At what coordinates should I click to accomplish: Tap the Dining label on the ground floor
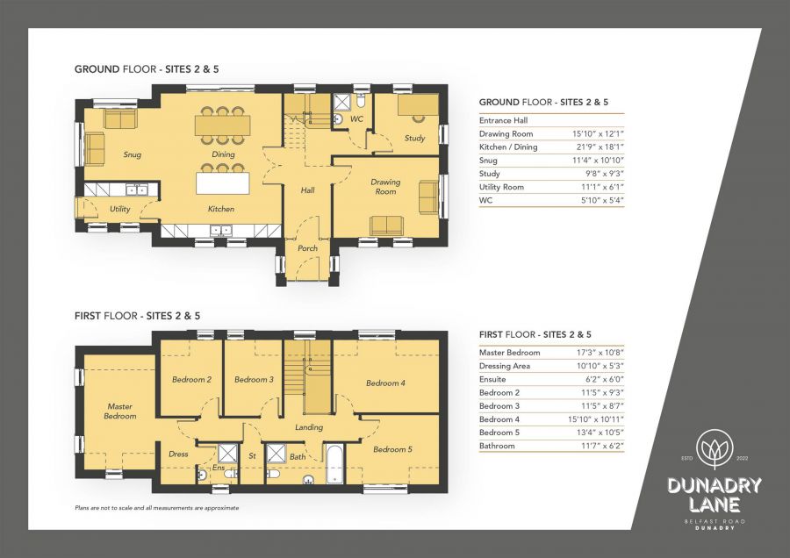coord(223,155)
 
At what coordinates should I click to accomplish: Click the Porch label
coord(308,248)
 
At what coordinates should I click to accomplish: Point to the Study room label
coord(414,139)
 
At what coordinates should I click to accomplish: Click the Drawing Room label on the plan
coord(384,187)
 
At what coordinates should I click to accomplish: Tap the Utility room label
coord(120,209)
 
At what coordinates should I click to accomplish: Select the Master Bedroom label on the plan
coord(120,411)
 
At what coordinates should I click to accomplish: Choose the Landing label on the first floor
coord(309,427)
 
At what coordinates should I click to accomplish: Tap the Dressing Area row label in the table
coord(506,365)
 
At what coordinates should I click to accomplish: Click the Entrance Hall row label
coord(504,120)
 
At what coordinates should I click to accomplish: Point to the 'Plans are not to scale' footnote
coord(157,508)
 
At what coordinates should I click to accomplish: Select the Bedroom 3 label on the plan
coord(254,379)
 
